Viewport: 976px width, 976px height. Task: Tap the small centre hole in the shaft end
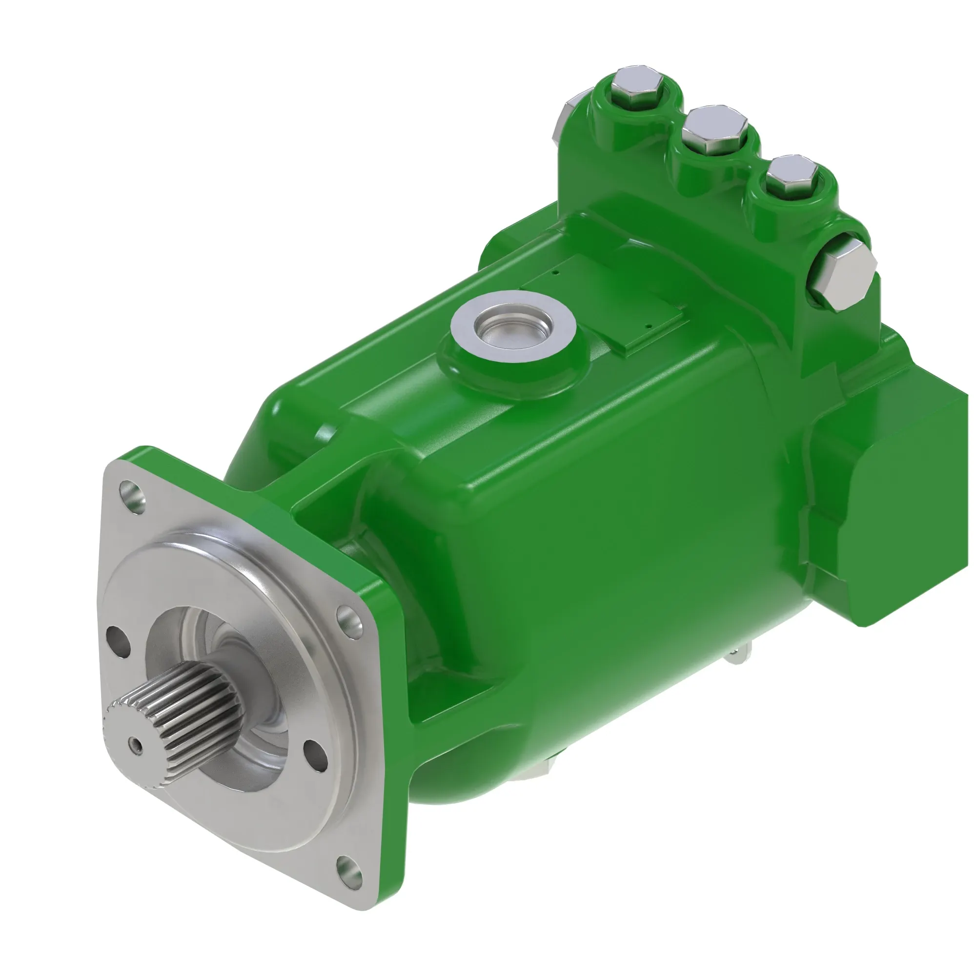pyautogui.click(x=135, y=743)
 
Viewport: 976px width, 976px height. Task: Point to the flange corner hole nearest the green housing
pyautogui.click(x=349, y=620)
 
